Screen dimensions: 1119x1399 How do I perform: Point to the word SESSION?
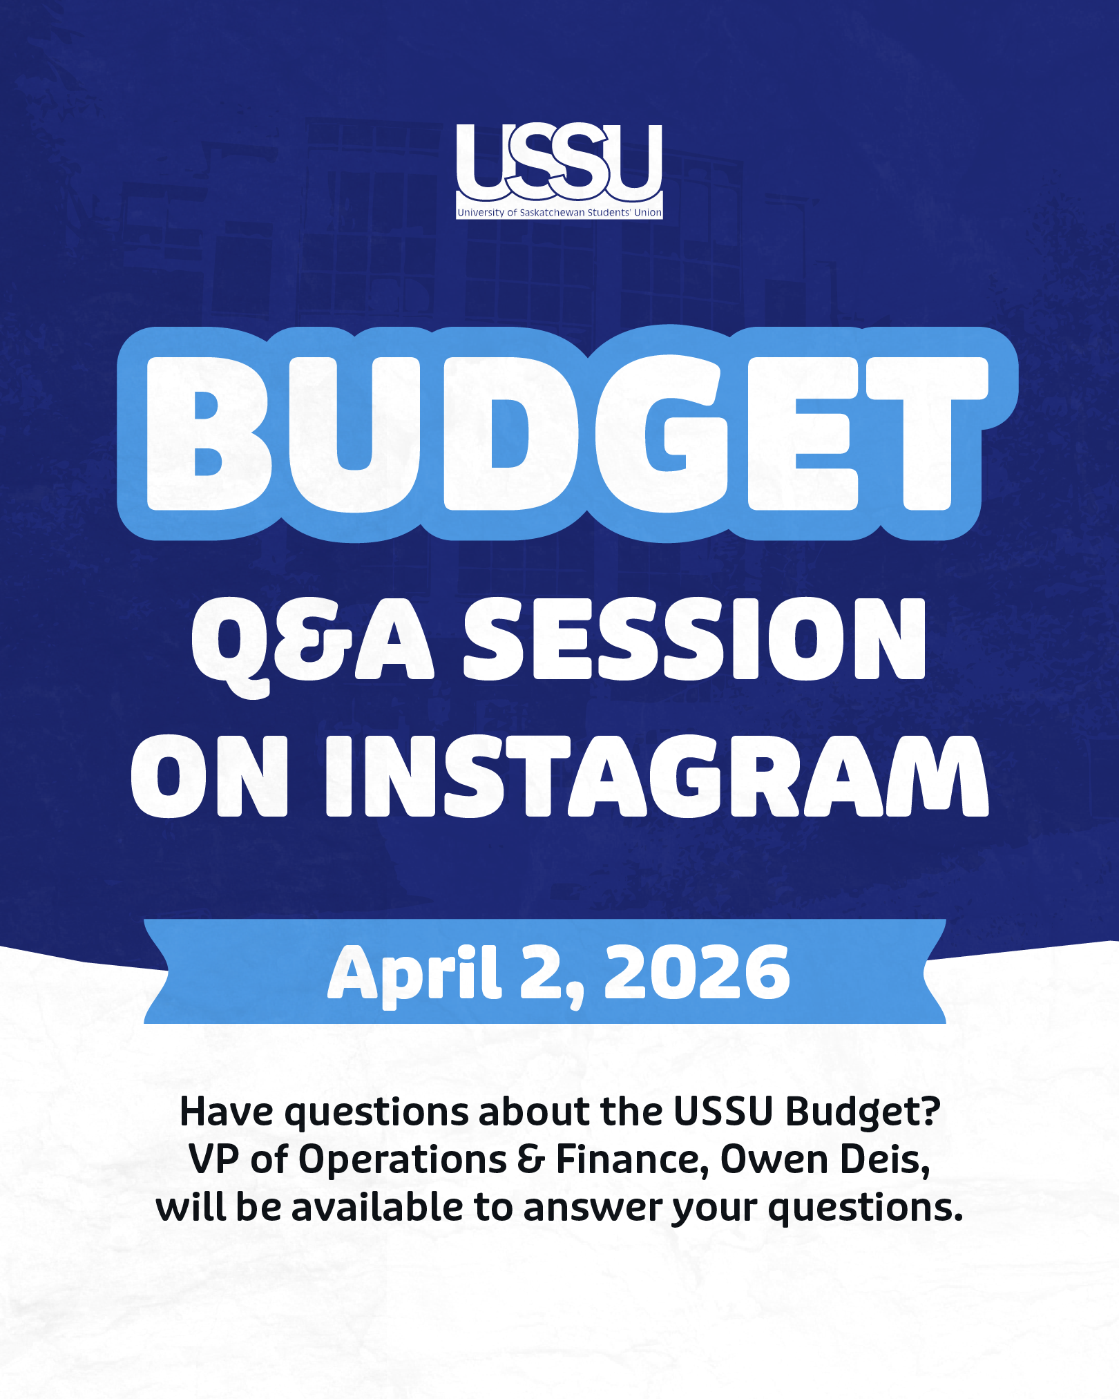click(x=695, y=639)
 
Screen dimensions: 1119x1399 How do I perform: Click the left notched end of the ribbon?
click(x=156, y=971)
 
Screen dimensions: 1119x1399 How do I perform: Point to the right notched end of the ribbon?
click(x=935, y=971)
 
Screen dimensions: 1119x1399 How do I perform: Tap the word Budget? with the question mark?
click(x=863, y=1114)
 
